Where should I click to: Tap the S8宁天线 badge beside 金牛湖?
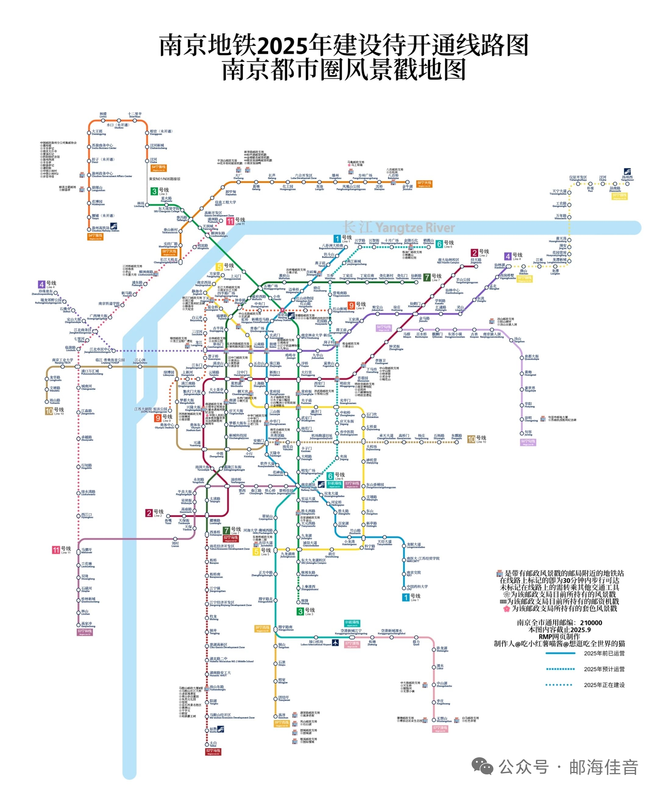coord(424,184)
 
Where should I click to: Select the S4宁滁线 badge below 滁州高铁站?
coord(95,237)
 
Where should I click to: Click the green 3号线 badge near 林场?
coord(154,191)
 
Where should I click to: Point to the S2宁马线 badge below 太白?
coord(213,751)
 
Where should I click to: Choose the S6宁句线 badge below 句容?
coord(528,442)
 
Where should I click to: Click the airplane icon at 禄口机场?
coord(335,642)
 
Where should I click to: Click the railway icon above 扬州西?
coord(627,172)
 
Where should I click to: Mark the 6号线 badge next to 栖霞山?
coord(439,244)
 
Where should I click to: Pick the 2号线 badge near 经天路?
coord(475,253)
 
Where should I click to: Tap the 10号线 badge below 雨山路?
coord(49,411)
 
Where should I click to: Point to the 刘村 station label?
coord(175,544)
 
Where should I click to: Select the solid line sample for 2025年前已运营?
coord(560,653)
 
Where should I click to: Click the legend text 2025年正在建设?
coord(604,685)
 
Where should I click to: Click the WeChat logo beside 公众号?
coord(482,767)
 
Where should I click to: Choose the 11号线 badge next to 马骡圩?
coord(56,550)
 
